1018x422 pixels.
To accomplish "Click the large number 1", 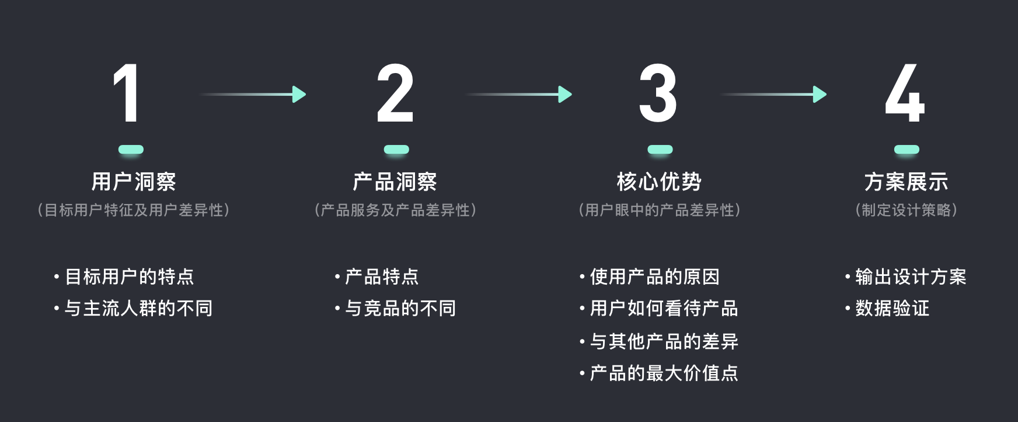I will tap(127, 94).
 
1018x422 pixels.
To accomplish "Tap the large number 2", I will tap(395, 94).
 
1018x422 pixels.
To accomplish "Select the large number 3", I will tap(658, 94).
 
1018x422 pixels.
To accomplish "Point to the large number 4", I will tap(905, 94).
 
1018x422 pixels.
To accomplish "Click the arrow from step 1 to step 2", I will tap(254, 94).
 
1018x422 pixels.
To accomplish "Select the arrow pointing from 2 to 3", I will tap(520, 94).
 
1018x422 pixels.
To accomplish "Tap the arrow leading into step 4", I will tap(774, 94).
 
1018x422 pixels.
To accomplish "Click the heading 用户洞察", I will tap(134, 182).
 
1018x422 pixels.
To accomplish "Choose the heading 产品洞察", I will tap(395, 182).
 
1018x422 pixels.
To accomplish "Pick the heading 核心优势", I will tap(659, 182).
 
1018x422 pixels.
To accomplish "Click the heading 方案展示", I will tap(906, 182).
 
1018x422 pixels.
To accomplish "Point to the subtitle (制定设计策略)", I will tap(906, 210).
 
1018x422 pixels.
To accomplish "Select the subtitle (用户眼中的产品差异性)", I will tap(659, 210).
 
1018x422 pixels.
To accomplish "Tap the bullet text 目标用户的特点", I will tap(129, 276).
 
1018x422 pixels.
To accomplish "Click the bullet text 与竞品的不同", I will tap(400, 308).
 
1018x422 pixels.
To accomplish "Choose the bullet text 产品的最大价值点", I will tap(664, 373).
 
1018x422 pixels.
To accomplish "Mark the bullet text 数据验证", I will tap(892, 308).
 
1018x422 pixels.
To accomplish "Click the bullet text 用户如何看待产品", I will tap(664, 308).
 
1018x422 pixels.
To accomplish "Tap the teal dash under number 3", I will tap(660, 150).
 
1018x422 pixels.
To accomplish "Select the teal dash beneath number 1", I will tap(131, 150).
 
